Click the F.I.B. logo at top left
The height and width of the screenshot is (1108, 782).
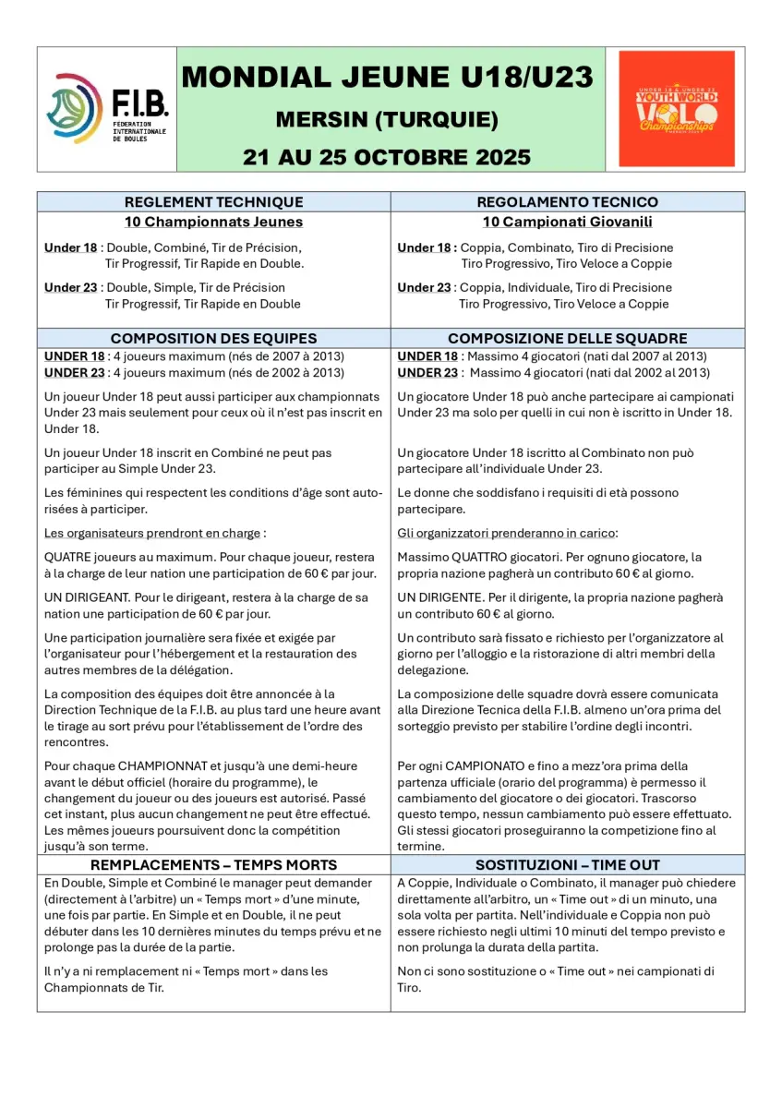pyautogui.click(x=107, y=109)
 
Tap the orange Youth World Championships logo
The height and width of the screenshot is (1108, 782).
pyautogui.click(x=677, y=109)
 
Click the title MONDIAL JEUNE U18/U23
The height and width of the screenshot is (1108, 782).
pyautogui.click(x=387, y=78)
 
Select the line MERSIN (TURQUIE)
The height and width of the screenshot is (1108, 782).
pyautogui.click(x=387, y=120)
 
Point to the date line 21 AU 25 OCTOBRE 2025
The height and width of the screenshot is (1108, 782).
pyautogui.click(x=387, y=156)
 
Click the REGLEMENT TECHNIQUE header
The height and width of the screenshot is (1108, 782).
pyautogui.click(x=213, y=202)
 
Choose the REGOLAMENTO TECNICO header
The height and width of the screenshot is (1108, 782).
pyautogui.click(x=567, y=202)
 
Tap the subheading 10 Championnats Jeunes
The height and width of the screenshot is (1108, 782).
pyautogui.click(x=213, y=222)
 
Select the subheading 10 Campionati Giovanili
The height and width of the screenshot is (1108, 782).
pyautogui.click(x=567, y=222)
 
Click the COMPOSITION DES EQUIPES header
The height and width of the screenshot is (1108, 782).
pyautogui.click(x=213, y=338)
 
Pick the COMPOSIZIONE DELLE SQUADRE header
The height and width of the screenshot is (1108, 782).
pyautogui.click(x=567, y=338)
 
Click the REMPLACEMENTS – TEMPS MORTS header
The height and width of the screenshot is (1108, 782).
pyautogui.click(x=213, y=865)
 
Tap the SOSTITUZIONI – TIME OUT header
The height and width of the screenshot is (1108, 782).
pyautogui.click(x=567, y=865)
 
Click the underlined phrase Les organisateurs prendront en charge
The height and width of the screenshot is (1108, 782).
pyautogui.click(x=153, y=533)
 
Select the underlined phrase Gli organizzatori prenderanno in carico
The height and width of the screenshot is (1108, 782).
pyautogui.click(x=507, y=533)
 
